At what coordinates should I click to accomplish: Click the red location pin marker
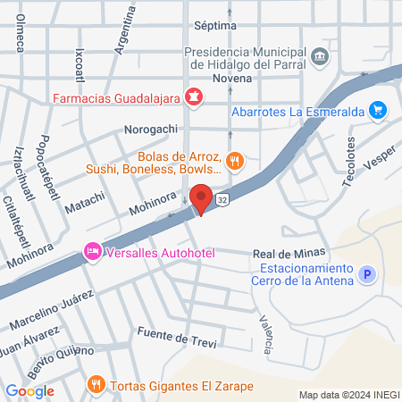(202, 199)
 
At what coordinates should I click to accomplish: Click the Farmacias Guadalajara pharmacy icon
(193, 96)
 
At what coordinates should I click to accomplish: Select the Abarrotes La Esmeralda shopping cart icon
(379, 111)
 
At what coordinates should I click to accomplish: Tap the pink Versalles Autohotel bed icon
(91, 252)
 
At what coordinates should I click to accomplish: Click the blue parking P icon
(365, 276)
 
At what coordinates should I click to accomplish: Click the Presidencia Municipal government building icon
(322, 59)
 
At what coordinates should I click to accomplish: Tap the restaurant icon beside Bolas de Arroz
(234, 162)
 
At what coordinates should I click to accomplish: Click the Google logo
(29, 390)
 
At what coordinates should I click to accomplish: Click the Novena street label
(231, 79)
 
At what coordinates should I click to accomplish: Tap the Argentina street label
(126, 29)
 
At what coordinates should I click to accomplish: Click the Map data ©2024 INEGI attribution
(348, 395)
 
